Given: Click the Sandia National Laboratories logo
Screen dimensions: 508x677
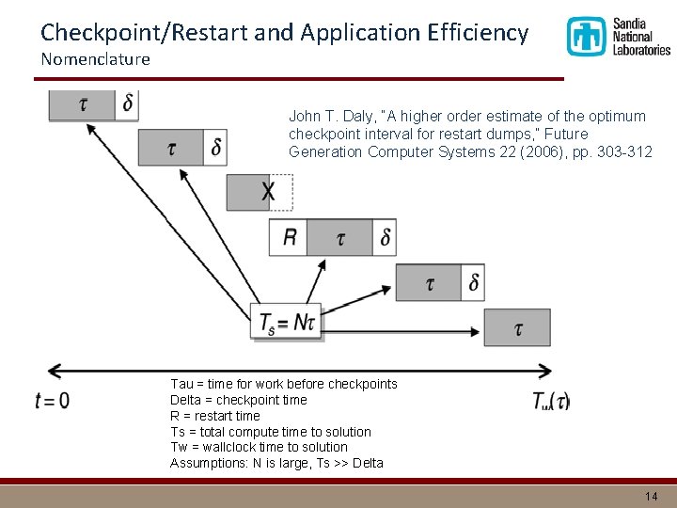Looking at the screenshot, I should [x=618, y=37].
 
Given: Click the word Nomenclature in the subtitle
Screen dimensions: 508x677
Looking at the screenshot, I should [x=95, y=59].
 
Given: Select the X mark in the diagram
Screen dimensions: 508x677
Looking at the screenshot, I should [x=268, y=193].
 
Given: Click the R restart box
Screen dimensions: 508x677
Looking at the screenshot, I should [x=289, y=237].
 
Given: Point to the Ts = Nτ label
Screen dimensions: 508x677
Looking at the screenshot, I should [x=288, y=324].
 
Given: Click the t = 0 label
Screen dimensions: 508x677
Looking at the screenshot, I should [x=52, y=400].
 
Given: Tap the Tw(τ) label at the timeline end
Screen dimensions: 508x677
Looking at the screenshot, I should [x=551, y=401].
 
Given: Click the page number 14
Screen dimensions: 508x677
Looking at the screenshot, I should [x=652, y=496].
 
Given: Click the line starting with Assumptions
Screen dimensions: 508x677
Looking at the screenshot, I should [x=276, y=463].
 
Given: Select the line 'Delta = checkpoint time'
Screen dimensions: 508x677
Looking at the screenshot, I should [x=239, y=400].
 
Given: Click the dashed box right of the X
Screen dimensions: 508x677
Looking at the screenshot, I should [x=282, y=192].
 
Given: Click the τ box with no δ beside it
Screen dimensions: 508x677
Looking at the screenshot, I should [x=517, y=327].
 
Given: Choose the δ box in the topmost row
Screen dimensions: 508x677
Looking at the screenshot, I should [x=128, y=103].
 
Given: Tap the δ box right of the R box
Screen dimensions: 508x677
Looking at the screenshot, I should [x=385, y=237].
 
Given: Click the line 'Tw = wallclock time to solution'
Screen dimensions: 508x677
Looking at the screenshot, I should [x=259, y=447].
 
